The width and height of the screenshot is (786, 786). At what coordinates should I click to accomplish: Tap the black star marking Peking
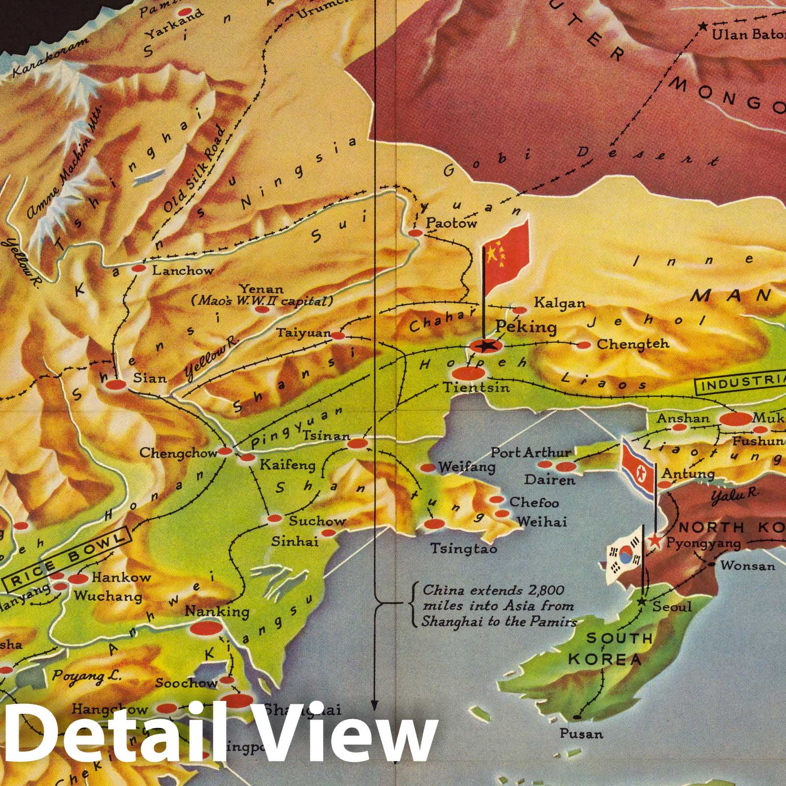click(x=486, y=346)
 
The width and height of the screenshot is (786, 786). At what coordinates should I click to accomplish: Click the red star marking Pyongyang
click(x=655, y=541)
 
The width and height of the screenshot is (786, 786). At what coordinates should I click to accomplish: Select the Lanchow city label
click(x=183, y=270)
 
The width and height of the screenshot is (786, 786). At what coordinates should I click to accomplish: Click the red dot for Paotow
click(x=416, y=233)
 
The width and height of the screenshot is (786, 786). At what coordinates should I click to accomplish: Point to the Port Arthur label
click(x=531, y=452)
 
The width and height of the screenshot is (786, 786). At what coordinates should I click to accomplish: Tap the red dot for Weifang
click(x=428, y=468)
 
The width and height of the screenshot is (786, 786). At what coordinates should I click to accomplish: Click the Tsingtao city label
click(x=463, y=548)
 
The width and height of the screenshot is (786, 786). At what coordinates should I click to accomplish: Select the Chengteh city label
click(x=633, y=343)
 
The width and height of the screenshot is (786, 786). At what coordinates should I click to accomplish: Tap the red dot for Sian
click(x=116, y=386)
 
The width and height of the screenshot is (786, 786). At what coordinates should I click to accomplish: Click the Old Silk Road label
click(x=194, y=169)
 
